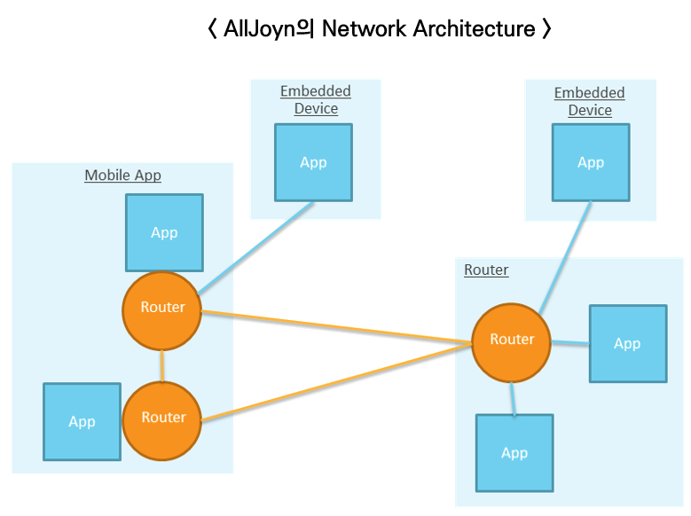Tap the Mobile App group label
coord(122,175)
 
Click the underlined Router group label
coord(486,270)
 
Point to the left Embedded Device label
coord(316,100)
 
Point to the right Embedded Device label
coord(590,101)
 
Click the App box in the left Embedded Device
coord(313,162)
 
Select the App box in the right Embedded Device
coord(591,162)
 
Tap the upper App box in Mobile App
coord(164,232)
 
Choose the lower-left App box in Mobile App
coord(82,421)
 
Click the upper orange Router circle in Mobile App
coord(162,308)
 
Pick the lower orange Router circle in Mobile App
coord(162,418)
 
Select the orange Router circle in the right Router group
coord(512,340)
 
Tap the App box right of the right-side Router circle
coord(627,343)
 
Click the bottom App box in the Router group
coord(514,452)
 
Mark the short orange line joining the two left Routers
coord(162,364)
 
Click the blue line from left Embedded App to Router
coord(257,248)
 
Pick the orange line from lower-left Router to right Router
coord(337,382)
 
